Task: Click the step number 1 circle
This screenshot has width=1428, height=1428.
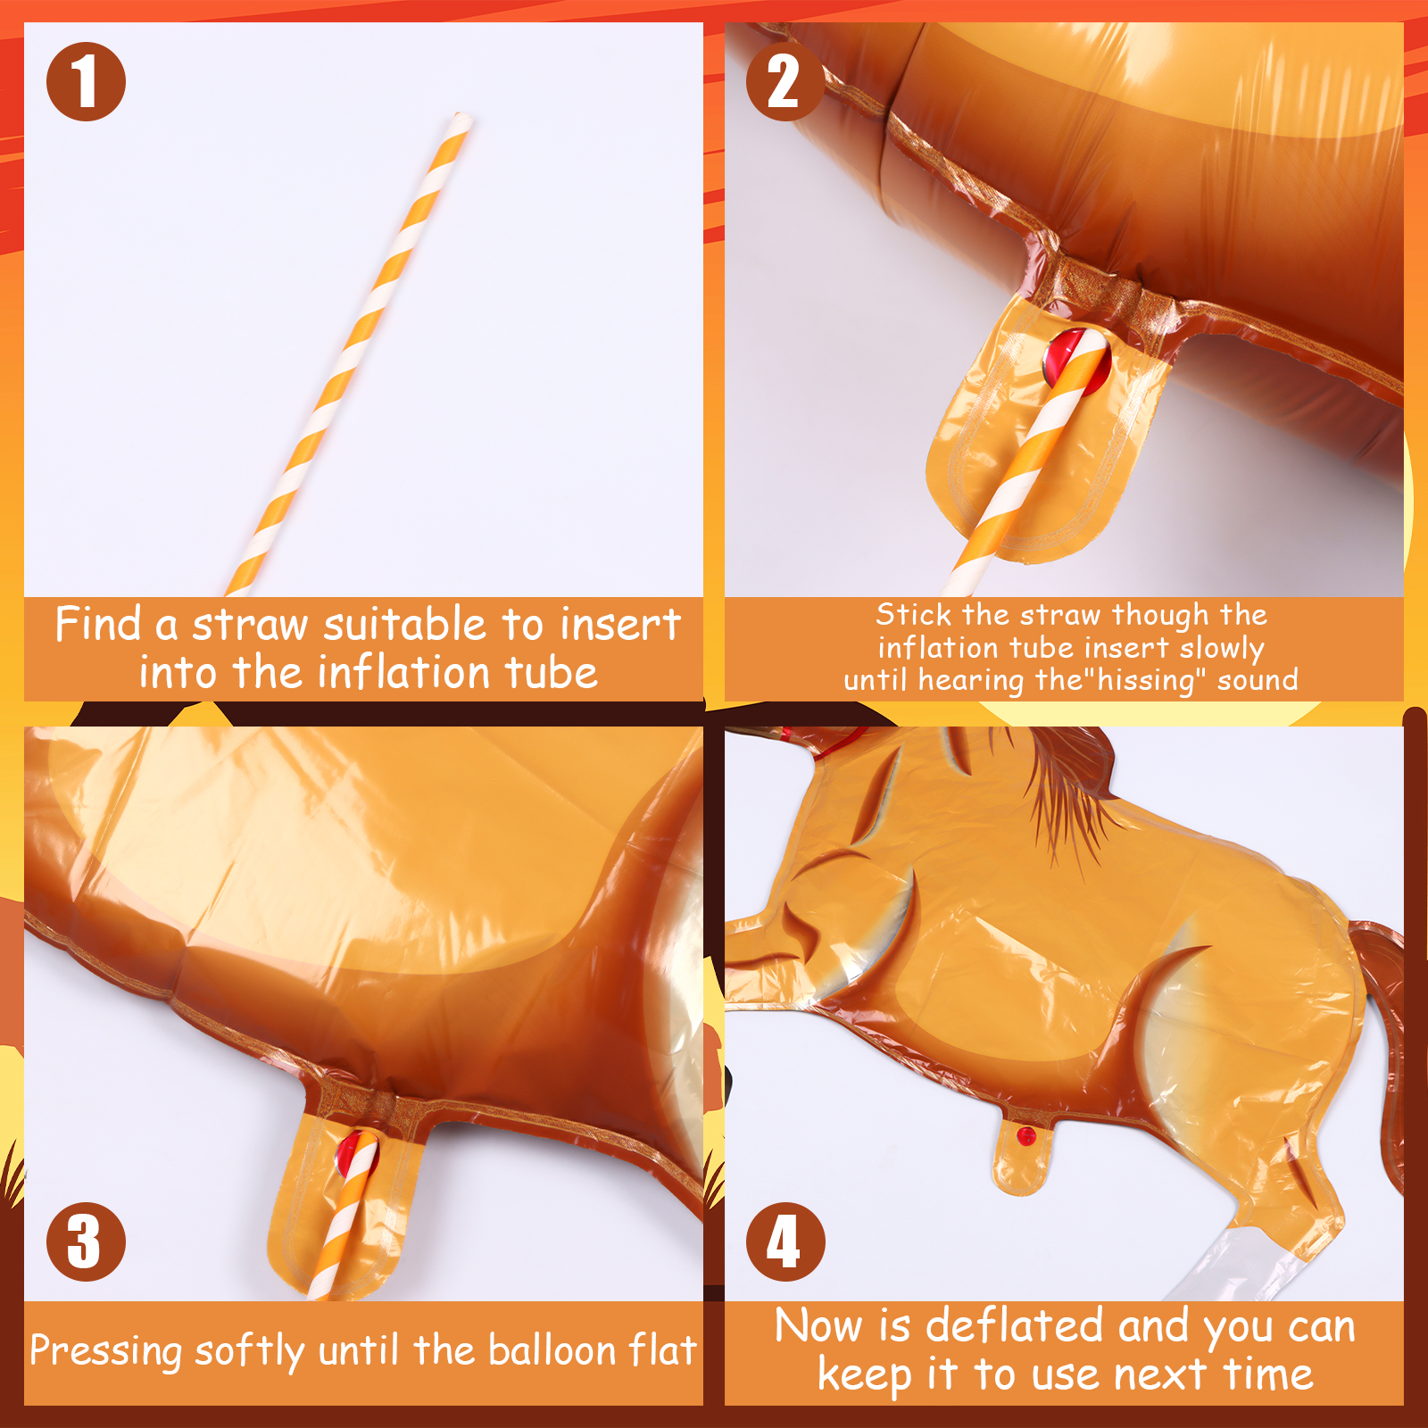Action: (86, 81)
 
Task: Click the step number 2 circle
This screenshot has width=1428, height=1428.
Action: (785, 81)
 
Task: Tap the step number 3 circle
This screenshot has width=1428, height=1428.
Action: (86, 1241)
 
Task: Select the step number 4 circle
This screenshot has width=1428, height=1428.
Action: (785, 1241)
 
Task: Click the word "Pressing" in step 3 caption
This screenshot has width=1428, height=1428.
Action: (106, 1351)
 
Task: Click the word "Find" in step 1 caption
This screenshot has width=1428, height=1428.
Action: (98, 623)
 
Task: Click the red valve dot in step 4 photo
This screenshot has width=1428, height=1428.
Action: (1026, 1136)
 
